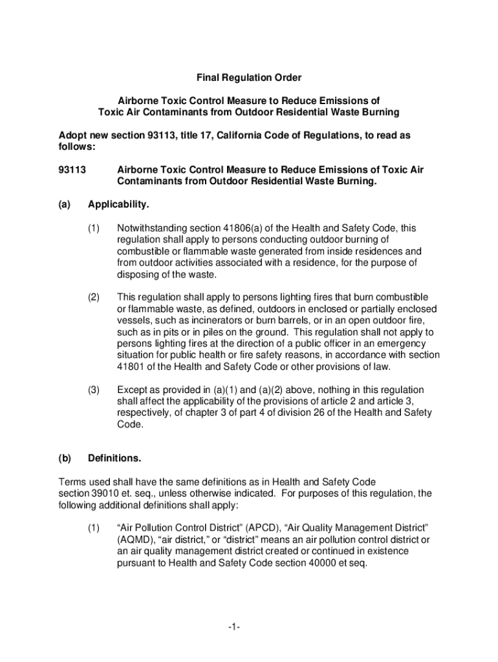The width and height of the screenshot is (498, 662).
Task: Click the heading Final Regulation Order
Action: [249, 78]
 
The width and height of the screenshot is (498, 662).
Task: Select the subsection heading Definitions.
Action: [114, 458]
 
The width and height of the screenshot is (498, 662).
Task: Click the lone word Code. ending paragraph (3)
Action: [129, 425]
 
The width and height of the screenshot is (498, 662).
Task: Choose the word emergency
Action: [406, 343]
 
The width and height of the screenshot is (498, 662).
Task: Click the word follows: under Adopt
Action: [77, 147]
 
